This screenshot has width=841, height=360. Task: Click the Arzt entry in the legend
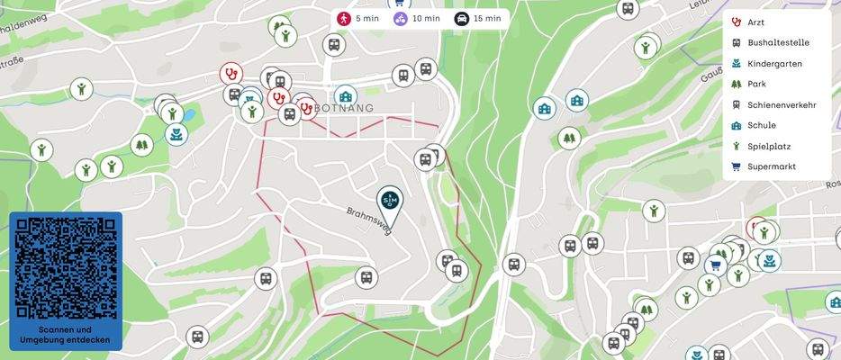(x=755, y=22)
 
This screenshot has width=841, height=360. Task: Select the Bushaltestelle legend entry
(x=778, y=43)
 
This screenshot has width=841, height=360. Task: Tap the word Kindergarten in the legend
(x=774, y=64)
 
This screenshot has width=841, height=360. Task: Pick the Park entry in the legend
(x=756, y=85)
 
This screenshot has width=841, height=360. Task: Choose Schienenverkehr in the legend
(x=782, y=105)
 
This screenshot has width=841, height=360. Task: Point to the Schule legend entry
(x=761, y=126)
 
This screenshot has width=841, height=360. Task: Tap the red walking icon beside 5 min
(x=344, y=18)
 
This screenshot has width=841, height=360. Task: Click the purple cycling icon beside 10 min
(x=402, y=18)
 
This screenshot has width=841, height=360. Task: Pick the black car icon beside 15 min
(x=461, y=18)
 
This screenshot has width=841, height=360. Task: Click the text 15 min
(x=486, y=18)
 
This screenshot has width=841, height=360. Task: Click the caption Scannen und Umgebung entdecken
(x=65, y=335)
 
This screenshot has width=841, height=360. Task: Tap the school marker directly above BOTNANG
(x=345, y=95)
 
